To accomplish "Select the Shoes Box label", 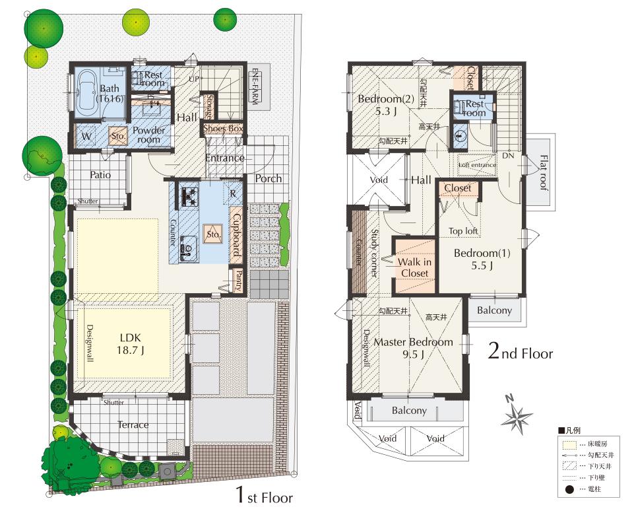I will tap(223, 128).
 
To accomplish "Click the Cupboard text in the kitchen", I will tap(237, 234).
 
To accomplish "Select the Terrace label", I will tap(133, 424).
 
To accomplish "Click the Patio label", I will tap(100, 175).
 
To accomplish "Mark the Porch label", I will tap(268, 178).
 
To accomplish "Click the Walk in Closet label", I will tap(414, 267).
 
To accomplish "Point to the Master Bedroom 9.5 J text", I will tap(414, 347).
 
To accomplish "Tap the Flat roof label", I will tap(542, 173).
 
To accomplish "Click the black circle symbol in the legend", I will tap(569, 489).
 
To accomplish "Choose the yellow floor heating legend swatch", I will tap(569, 444).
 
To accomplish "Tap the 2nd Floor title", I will tap(520, 353).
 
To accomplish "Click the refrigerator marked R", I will tap(233, 195).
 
